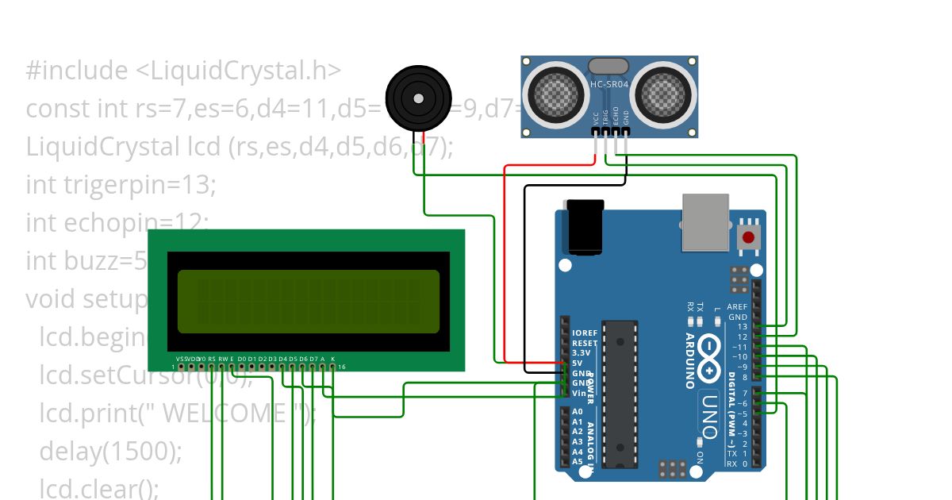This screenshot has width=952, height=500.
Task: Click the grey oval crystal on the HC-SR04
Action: (x=608, y=67)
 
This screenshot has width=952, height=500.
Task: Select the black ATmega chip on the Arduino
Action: (x=620, y=392)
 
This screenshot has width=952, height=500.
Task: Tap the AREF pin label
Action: (x=737, y=307)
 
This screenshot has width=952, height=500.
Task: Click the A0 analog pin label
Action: (x=578, y=413)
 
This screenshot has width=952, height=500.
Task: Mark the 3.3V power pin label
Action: (x=581, y=353)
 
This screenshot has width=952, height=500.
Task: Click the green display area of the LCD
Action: (x=308, y=301)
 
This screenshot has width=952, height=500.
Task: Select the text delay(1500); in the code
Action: (x=111, y=451)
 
